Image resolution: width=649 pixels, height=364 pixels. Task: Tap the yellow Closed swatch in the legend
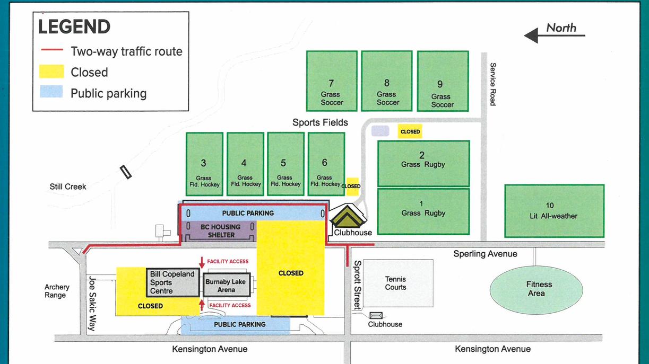[52, 72]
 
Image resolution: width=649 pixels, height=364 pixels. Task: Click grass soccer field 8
[387, 81]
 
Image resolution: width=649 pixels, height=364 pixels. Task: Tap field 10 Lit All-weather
[553, 210]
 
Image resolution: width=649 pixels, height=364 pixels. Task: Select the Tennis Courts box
[395, 283]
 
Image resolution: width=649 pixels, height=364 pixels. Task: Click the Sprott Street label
[358, 285]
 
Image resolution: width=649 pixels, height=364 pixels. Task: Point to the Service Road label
[492, 84]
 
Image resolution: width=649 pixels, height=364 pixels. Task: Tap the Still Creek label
[68, 187]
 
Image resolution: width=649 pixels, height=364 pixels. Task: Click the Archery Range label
[57, 291]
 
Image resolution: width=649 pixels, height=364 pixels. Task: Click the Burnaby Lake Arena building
[226, 286]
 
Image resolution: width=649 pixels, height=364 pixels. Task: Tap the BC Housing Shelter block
[220, 230]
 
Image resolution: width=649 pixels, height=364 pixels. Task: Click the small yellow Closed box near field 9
[410, 131]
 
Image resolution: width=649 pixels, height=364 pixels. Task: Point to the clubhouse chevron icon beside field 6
[347, 216]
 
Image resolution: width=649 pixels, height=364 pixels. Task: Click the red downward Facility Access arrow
[202, 262]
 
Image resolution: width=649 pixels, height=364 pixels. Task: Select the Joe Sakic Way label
[91, 304]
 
